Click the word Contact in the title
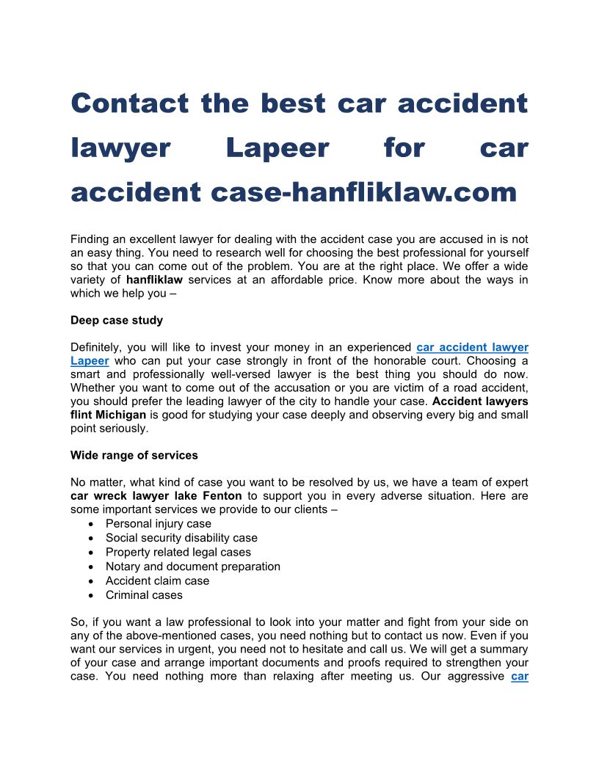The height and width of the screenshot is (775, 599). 129,103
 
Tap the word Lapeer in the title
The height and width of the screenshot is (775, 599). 277,148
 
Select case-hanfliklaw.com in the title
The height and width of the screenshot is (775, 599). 364,192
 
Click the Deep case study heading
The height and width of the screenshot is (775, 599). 117,320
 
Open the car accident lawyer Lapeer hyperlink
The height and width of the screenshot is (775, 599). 472,347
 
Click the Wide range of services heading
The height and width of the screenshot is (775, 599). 134,455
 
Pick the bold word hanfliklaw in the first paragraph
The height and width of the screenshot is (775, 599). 155,280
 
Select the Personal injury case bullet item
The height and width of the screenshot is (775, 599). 159,524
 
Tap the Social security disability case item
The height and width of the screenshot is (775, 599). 181,538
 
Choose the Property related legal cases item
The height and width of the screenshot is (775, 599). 178,552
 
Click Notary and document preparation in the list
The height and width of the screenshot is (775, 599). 193,567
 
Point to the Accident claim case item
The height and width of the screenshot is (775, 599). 158,581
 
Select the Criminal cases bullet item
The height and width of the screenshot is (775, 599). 144,595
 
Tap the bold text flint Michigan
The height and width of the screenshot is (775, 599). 109,415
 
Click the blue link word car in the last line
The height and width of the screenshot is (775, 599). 519,676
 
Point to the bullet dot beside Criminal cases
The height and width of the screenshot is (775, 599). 90,595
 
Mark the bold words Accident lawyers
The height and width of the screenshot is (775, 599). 480,401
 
